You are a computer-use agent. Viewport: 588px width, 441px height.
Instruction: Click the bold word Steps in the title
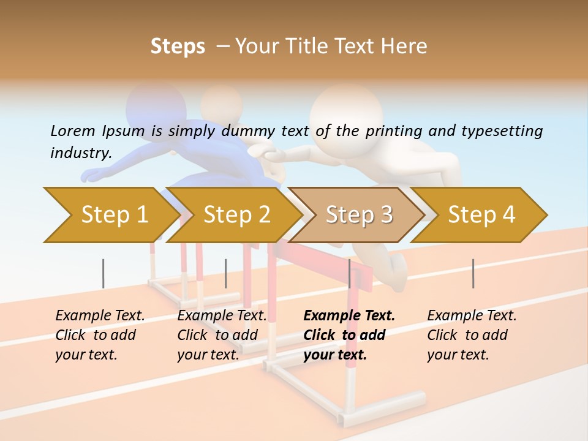pos(178,47)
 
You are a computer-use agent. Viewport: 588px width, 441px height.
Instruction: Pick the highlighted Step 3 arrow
pos(359,215)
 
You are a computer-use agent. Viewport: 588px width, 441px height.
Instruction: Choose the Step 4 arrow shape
pos(481,215)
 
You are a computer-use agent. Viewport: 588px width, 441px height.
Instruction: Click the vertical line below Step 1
pos(103,273)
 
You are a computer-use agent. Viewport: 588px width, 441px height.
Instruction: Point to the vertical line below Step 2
pos(226,273)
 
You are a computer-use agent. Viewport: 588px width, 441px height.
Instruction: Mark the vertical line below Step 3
pos(350,273)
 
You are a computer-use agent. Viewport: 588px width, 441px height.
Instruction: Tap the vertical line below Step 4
pos(473,273)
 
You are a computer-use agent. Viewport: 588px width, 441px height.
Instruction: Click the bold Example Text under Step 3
pos(349,316)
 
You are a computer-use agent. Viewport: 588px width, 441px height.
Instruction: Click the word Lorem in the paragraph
pos(73,130)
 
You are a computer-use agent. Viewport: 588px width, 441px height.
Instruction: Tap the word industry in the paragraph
pos(81,153)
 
